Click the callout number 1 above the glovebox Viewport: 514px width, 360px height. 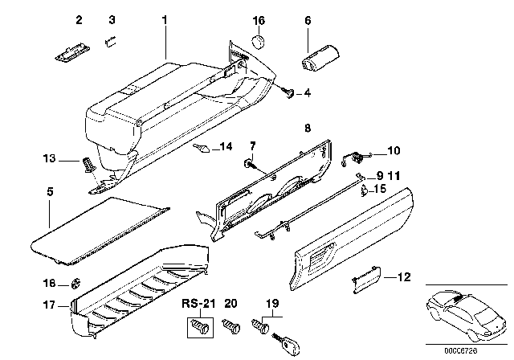(165, 18)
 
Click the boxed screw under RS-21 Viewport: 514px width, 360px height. (197, 327)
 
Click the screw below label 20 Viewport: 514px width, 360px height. (233, 328)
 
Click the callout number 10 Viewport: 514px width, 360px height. (393, 150)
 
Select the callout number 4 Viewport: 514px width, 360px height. (307, 93)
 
